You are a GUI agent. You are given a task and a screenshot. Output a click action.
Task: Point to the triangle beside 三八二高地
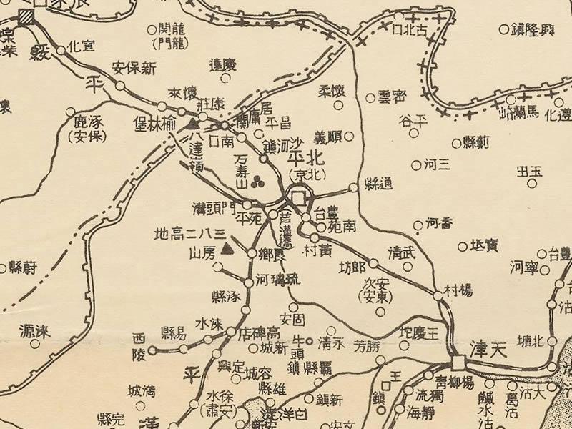pyautogui.click(x=228, y=250)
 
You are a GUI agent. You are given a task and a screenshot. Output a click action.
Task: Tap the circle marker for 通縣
pyautogui.click(x=353, y=188)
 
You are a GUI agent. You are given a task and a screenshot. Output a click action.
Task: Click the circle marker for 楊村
pyautogui.click(x=438, y=295)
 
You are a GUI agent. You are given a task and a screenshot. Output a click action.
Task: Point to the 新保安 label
pyautogui.click(x=134, y=69)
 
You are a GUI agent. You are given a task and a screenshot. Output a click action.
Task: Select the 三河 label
pyautogui.click(x=437, y=164)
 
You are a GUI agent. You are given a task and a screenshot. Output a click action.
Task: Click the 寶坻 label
pyautogui.click(x=484, y=246)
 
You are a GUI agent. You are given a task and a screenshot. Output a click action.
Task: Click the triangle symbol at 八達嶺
pyautogui.click(x=192, y=125)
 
